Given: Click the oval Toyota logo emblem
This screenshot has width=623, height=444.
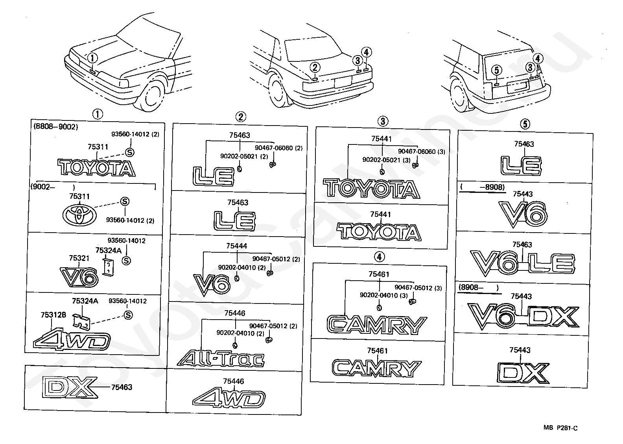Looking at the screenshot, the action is click(x=79, y=215).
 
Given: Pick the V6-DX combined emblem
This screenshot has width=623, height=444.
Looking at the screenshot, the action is click(x=523, y=316).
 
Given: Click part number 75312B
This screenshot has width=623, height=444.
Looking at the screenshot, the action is click(x=53, y=315).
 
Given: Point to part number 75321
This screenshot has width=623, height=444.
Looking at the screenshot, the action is click(x=79, y=258).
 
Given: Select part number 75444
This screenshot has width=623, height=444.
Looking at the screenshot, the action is click(x=236, y=246).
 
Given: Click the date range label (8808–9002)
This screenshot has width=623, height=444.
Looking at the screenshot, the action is click(x=55, y=127).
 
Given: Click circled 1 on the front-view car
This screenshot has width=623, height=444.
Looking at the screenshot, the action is click(x=92, y=59).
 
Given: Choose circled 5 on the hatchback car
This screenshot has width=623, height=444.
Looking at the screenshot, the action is click(x=497, y=70).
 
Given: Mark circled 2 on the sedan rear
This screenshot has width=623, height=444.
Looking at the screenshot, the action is click(x=315, y=67).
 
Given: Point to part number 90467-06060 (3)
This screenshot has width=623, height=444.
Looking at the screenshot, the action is click(x=422, y=152).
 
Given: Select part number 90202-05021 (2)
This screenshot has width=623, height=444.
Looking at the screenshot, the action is click(x=244, y=156).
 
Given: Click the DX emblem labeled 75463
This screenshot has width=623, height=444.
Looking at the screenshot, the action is click(x=70, y=387).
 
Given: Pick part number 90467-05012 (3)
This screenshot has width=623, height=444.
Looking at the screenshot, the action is click(x=418, y=288).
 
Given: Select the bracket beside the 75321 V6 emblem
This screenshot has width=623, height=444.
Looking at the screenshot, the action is click(x=108, y=267).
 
